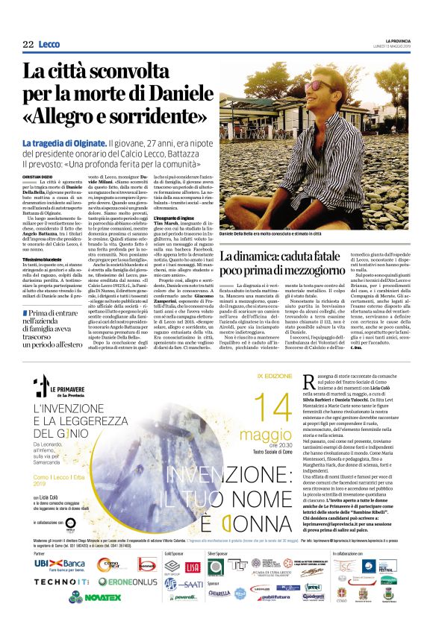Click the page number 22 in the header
[x=28, y=45]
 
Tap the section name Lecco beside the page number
[x=49, y=45]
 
